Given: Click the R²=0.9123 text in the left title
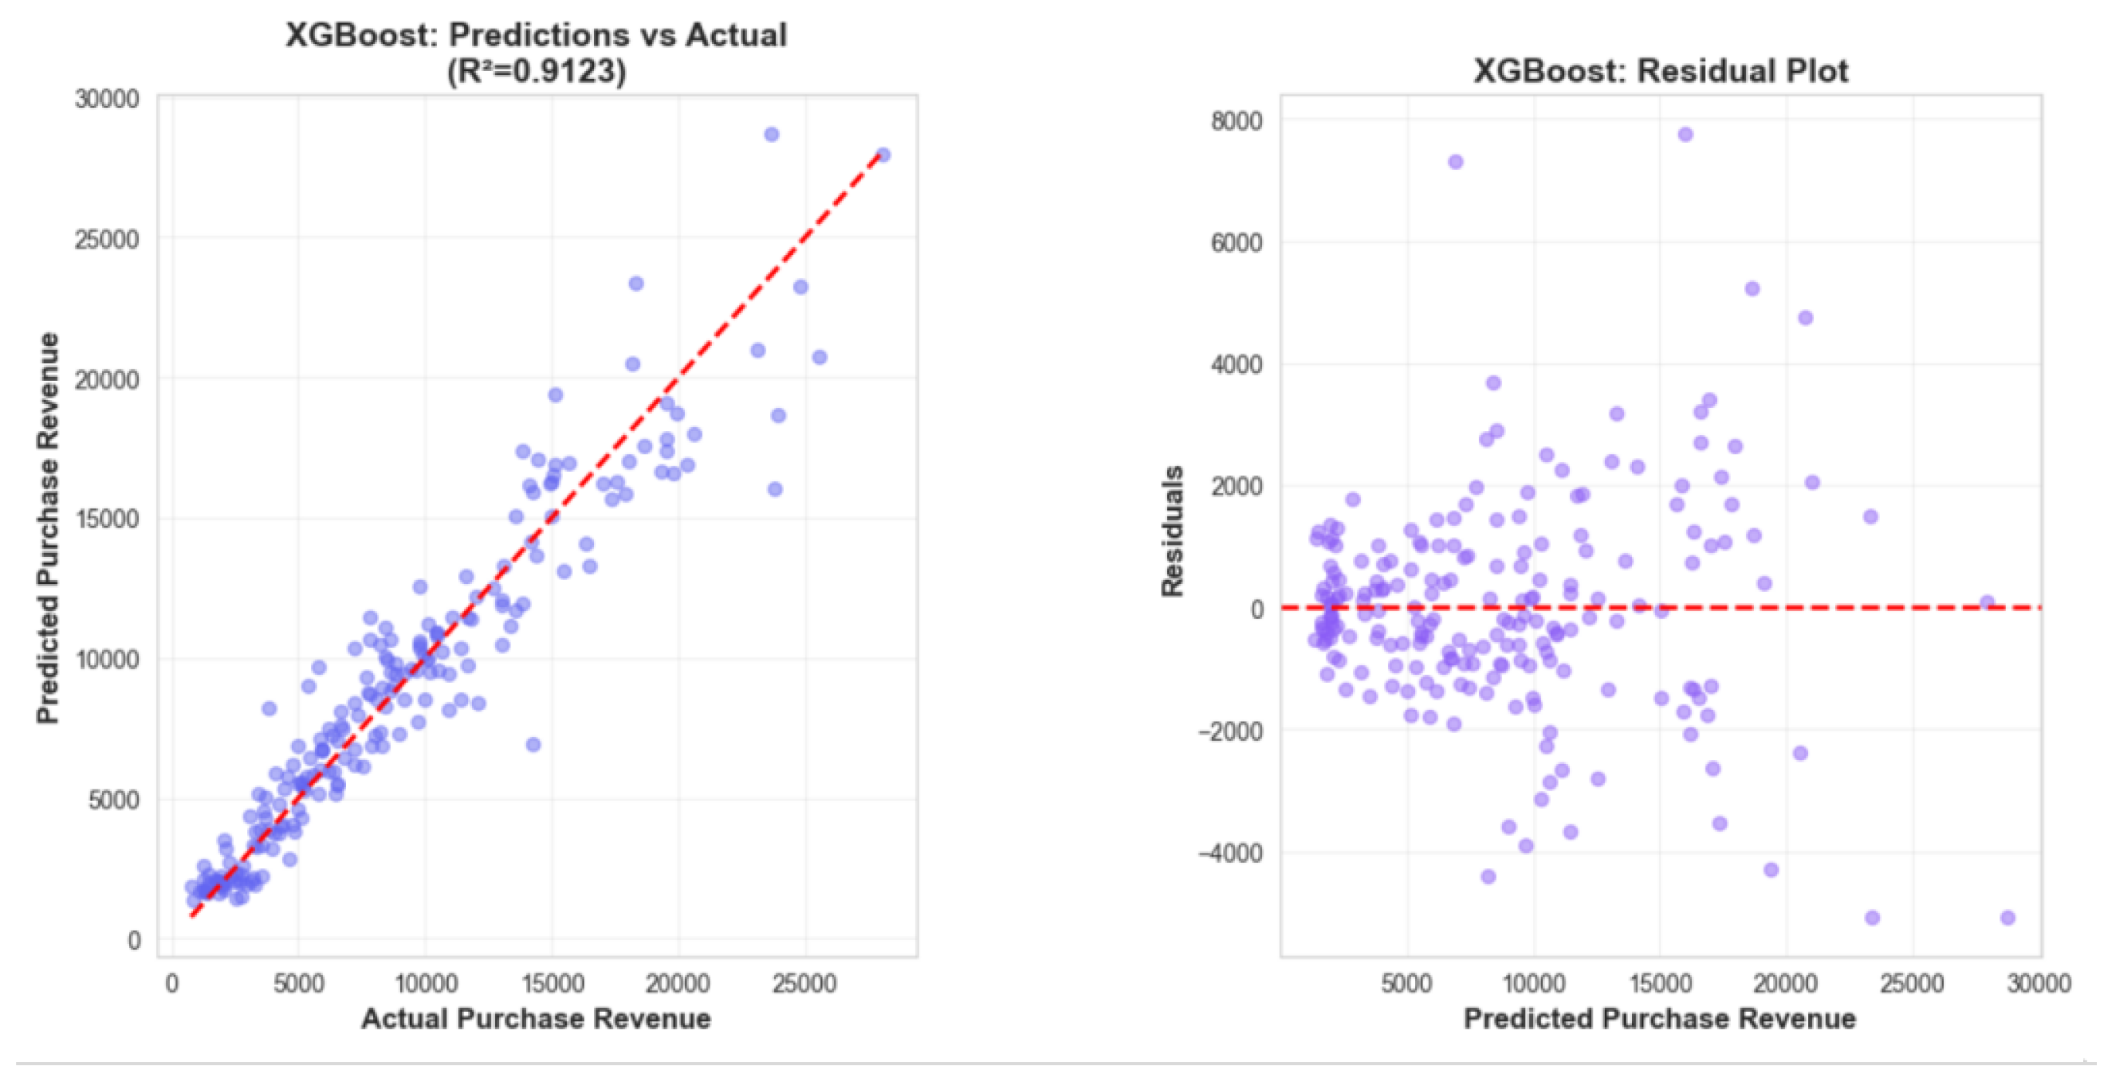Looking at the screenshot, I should [537, 73].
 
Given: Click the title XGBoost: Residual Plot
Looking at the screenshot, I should [1660, 71].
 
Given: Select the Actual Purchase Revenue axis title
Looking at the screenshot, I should [536, 1018].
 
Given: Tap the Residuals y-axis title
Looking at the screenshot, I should [1172, 531].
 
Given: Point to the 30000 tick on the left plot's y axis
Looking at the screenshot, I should [107, 100].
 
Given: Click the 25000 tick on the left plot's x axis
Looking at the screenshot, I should [804, 983].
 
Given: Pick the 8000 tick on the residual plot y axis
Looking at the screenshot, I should [1236, 121].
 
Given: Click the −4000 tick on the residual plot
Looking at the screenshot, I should [1230, 853].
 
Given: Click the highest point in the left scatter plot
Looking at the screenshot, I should [771, 134].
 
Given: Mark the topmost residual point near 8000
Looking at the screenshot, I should [1685, 134].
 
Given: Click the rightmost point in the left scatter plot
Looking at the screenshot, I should [883, 154].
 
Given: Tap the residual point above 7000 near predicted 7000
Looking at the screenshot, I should [1456, 162].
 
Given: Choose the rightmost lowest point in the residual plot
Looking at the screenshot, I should [2008, 918].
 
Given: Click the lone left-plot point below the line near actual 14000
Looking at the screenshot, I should [534, 745].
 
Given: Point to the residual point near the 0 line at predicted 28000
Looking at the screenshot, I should [1987, 603].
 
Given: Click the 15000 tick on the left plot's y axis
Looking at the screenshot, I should [107, 519].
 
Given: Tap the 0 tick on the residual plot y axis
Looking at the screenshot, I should [1257, 609].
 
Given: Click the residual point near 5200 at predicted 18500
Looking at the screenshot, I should [1752, 289].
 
